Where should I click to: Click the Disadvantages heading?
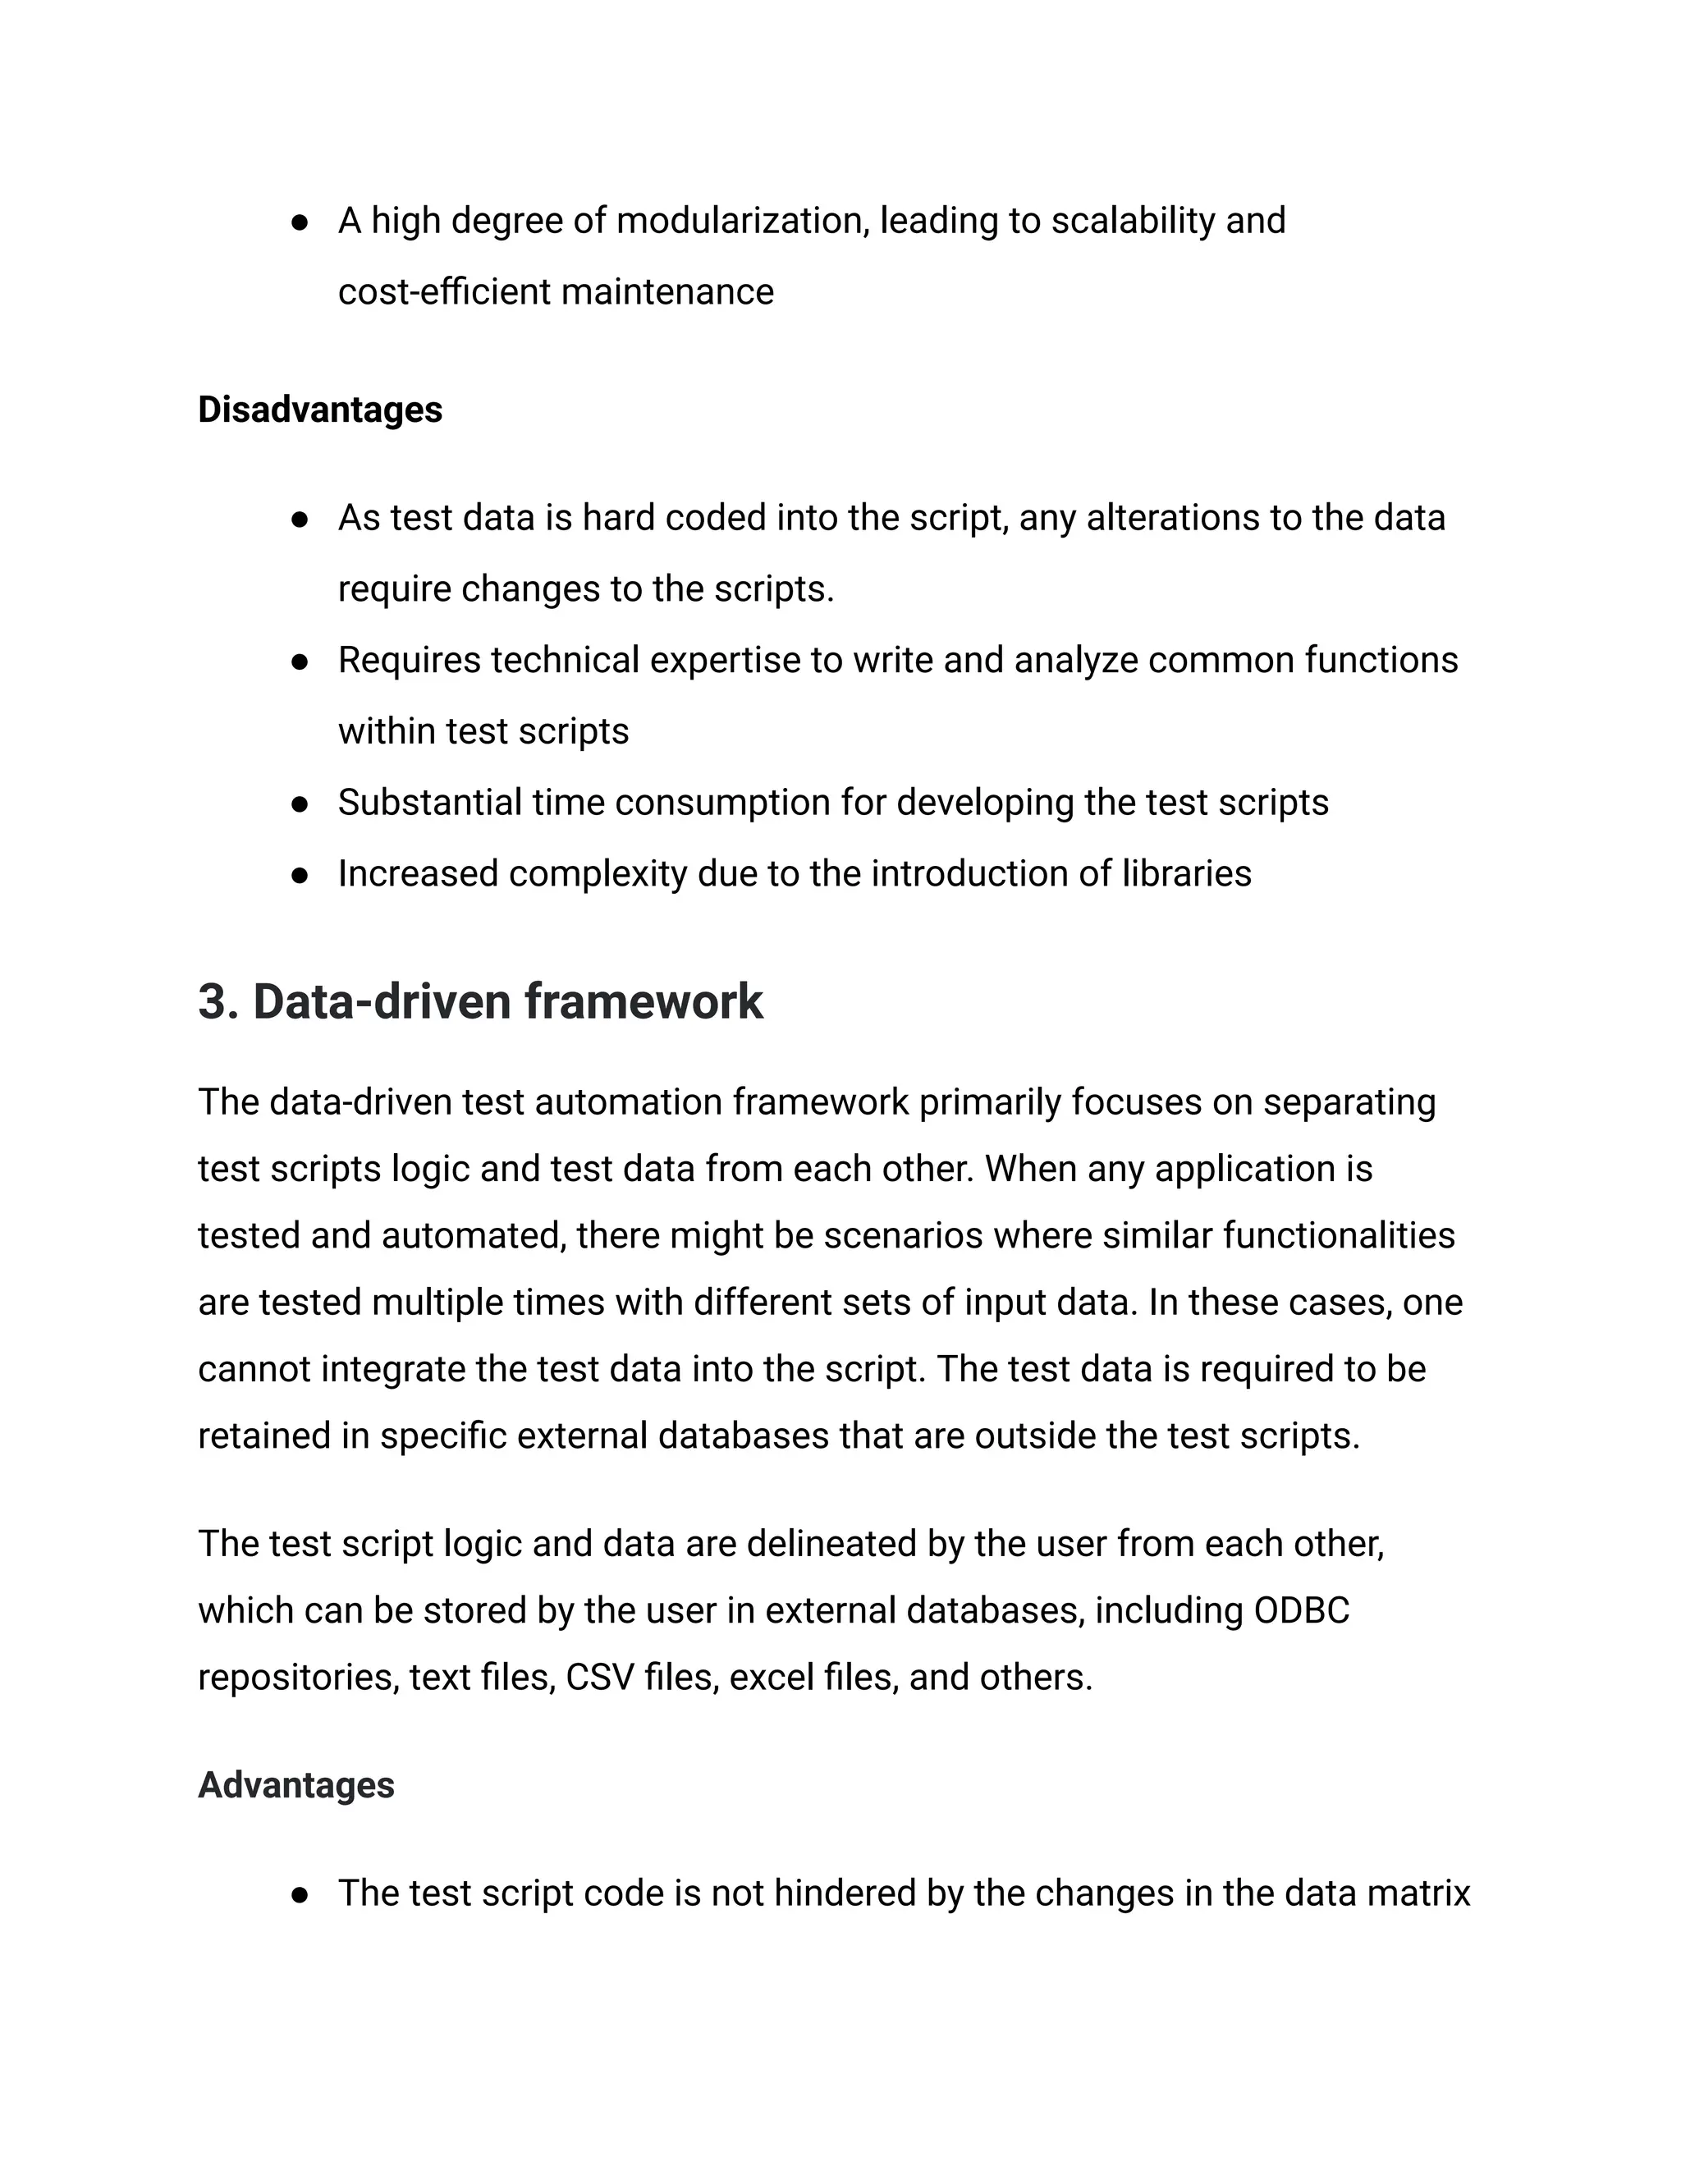(x=319, y=410)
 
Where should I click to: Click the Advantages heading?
(x=295, y=1784)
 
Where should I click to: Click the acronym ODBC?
(x=1301, y=1610)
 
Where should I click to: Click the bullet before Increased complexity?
(x=299, y=876)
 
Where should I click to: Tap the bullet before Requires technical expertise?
(x=299, y=662)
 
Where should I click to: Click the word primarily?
(x=990, y=1102)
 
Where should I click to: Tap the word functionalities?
(x=1339, y=1236)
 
